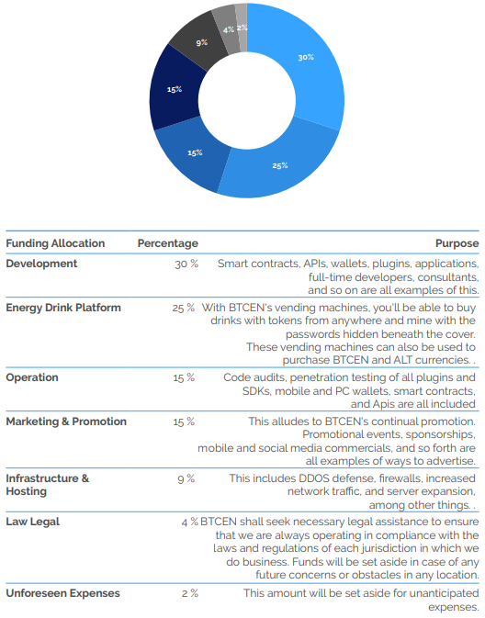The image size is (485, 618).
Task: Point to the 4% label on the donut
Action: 229,29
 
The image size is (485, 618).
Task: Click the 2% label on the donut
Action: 242,28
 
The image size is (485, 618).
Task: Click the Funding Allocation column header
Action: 55,243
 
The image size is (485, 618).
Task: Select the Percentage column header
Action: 167,243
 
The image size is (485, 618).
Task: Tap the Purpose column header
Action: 457,243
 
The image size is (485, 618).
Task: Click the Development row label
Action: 41,264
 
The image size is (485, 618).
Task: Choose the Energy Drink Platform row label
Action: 63,308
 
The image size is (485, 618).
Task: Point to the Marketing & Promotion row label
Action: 66,421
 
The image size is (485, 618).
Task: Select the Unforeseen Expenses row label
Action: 62,593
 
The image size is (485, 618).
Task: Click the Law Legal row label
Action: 33,522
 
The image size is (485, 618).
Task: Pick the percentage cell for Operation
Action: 184,377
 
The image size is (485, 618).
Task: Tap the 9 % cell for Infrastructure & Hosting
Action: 186,478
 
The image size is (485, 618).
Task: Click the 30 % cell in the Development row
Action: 186,264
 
